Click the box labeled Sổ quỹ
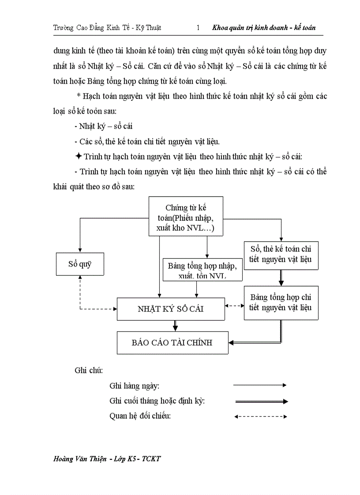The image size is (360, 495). point(80,264)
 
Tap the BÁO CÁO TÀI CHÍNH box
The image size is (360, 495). point(172,342)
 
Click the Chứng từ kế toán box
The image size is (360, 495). point(186,216)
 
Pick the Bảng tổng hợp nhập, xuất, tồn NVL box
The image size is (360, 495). point(202,269)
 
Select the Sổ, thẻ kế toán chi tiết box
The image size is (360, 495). point(281,254)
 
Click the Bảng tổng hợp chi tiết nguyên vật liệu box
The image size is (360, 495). point(281,303)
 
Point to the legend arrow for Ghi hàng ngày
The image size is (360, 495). point(260,385)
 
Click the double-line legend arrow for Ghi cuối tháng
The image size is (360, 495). point(260,402)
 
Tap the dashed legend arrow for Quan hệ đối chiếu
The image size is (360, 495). point(260,416)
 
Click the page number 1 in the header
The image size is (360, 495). point(198,28)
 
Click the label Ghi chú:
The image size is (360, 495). point(89,370)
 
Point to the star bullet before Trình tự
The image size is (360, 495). point(78,156)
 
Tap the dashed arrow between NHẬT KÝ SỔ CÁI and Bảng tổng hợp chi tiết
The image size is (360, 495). point(234,305)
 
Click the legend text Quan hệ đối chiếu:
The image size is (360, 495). point(140,416)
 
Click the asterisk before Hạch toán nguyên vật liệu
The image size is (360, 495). point(79,96)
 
